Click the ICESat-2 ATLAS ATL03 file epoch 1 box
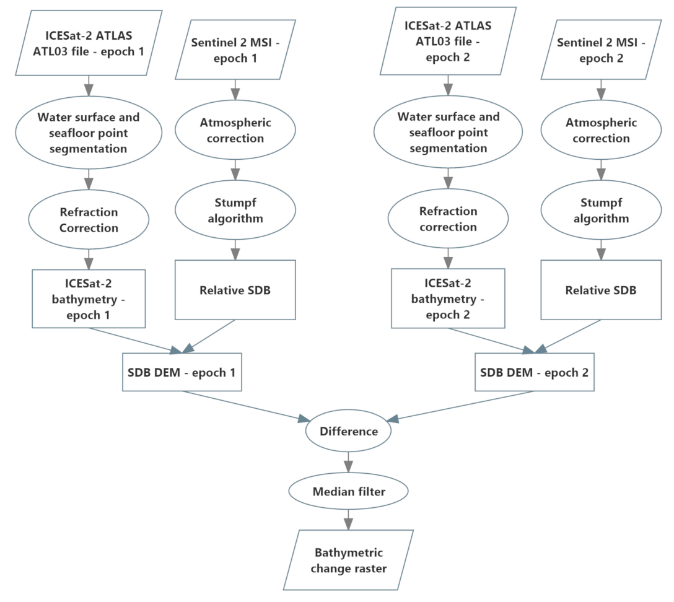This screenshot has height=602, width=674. (x=89, y=43)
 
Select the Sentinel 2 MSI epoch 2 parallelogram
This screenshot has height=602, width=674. (x=601, y=51)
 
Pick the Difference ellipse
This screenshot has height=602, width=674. (x=348, y=431)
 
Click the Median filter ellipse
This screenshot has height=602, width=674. (x=348, y=492)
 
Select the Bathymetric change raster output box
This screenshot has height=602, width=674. (x=348, y=560)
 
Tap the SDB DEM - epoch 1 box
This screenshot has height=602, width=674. (x=182, y=372)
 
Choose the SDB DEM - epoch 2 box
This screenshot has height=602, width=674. (x=534, y=372)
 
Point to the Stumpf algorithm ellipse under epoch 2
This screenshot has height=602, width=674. (x=601, y=211)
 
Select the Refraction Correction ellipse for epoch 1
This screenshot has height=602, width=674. (x=89, y=220)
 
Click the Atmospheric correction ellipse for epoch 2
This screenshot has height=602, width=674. (x=601, y=131)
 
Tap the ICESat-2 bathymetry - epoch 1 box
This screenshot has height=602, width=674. (x=89, y=299)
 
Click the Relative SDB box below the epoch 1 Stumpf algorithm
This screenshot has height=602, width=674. (x=235, y=290)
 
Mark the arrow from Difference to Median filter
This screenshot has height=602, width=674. (x=348, y=462)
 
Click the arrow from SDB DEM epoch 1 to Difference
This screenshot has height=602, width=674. (x=248, y=406)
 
